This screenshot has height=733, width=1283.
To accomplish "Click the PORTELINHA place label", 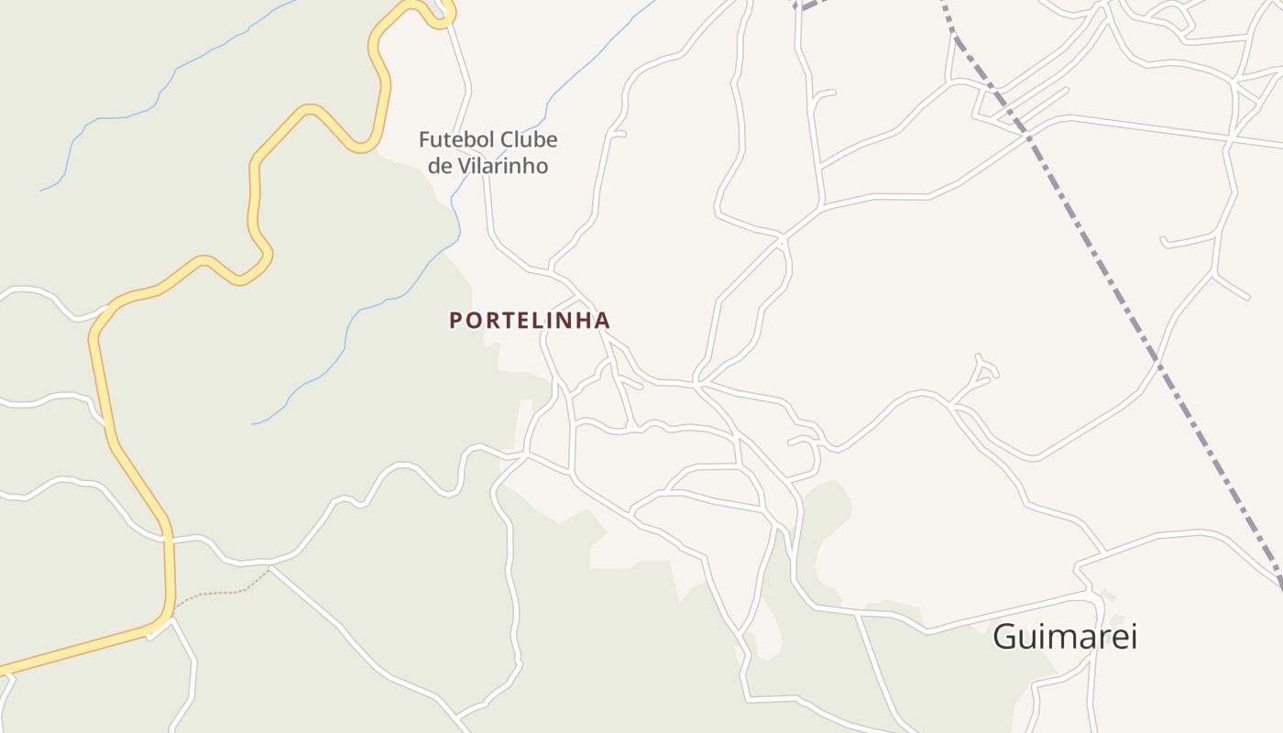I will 529,321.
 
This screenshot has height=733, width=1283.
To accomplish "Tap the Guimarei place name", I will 1065,635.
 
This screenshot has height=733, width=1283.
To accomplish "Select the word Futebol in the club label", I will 451,140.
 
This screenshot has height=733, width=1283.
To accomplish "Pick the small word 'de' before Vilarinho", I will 441,166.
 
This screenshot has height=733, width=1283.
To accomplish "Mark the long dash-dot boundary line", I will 1127,302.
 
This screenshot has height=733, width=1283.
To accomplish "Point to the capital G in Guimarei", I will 1006,635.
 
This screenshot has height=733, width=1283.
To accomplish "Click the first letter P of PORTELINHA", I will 455,321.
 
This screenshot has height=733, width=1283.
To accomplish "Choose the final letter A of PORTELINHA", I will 602,321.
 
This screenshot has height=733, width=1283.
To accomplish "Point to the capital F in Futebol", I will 425,140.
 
